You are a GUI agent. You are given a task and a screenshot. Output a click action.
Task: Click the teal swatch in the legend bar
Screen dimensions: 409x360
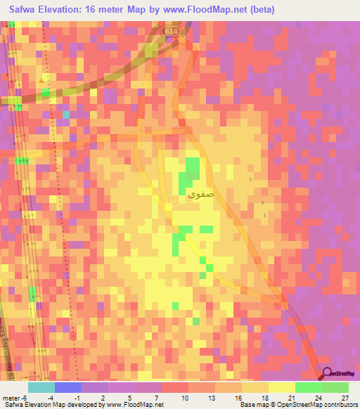coord(41,387)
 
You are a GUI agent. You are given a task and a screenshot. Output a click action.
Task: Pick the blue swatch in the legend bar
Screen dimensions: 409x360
coord(67,387)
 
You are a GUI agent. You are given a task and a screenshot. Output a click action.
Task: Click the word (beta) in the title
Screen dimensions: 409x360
coord(259,10)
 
